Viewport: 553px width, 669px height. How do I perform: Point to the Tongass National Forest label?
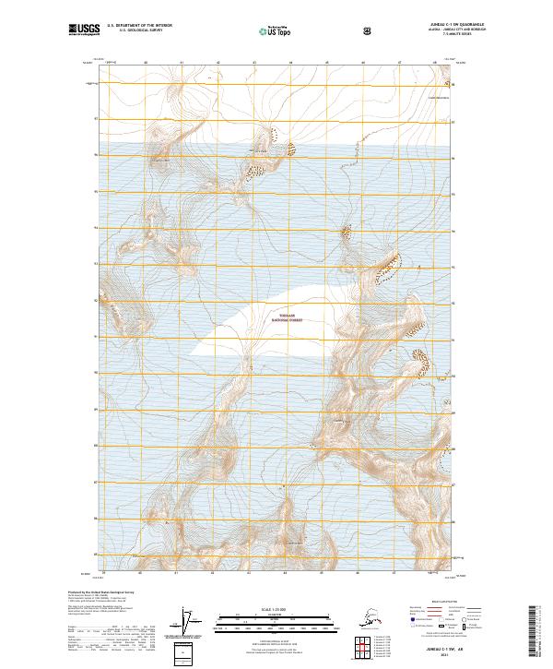coord(291,317)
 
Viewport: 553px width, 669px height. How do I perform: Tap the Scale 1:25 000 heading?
coord(276,608)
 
